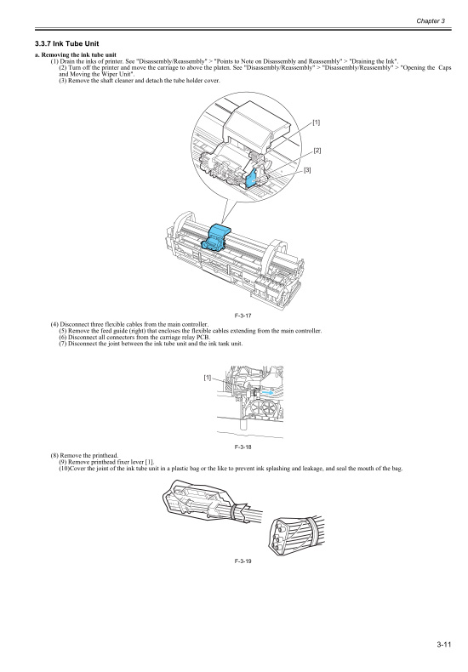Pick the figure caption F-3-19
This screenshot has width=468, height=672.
tap(242, 561)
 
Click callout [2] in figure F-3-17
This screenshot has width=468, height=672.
tap(317, 151)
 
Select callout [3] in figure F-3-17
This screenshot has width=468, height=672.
tap(308, 171)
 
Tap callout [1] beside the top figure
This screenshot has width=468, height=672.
tap(316, 123)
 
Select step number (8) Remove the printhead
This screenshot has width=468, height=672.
tap(54, 455)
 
